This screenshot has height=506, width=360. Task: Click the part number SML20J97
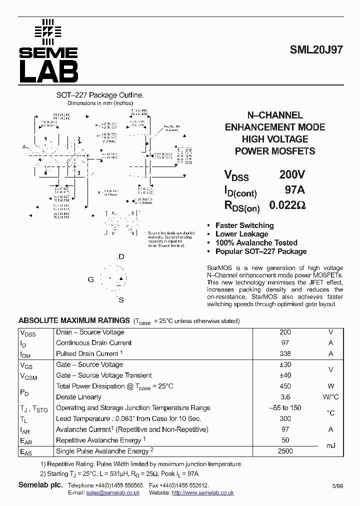316,50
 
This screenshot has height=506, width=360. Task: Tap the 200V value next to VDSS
291,175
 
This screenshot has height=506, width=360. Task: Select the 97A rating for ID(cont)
294,190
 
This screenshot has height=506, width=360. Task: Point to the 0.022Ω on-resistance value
287,205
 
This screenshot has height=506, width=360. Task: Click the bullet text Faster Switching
244,225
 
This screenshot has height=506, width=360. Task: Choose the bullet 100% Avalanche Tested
256,243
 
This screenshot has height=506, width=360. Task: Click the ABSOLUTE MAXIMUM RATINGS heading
74,320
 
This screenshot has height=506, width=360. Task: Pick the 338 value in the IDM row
285,354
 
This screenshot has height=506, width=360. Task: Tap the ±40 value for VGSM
285,375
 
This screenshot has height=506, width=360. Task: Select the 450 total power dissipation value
285,386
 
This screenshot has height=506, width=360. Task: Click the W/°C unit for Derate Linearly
330,397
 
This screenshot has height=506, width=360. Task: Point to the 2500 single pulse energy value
285,451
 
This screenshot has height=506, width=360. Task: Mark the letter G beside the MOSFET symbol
91,279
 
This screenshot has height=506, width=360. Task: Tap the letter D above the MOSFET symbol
121,257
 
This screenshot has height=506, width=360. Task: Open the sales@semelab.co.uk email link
113,493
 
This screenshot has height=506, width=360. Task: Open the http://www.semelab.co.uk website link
202,493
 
